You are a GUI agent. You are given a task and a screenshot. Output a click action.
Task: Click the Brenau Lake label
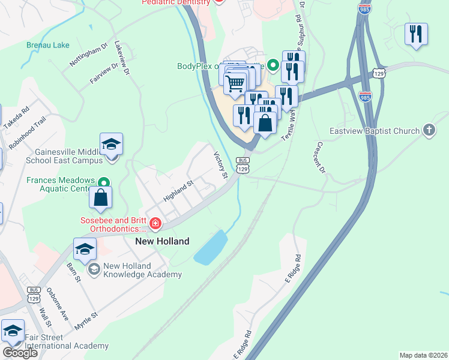click(x=48, y=45)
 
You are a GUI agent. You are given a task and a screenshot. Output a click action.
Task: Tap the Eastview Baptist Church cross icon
click(x=429, y=130)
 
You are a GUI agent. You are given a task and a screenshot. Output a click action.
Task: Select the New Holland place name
click(x=161, y=241)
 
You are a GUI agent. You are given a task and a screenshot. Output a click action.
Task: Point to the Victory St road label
click(x=221, y=165)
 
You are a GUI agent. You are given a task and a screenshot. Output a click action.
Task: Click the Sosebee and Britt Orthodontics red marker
click(x=155, y=224)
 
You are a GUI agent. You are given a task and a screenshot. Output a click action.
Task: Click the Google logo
click(x=20, y=353)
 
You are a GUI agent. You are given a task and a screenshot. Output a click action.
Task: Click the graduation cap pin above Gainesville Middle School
click(x=112, y=145)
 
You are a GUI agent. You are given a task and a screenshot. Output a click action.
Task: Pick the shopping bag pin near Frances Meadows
click(x=101, y=198)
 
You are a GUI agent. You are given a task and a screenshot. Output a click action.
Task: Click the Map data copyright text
click(x=423, y=355)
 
